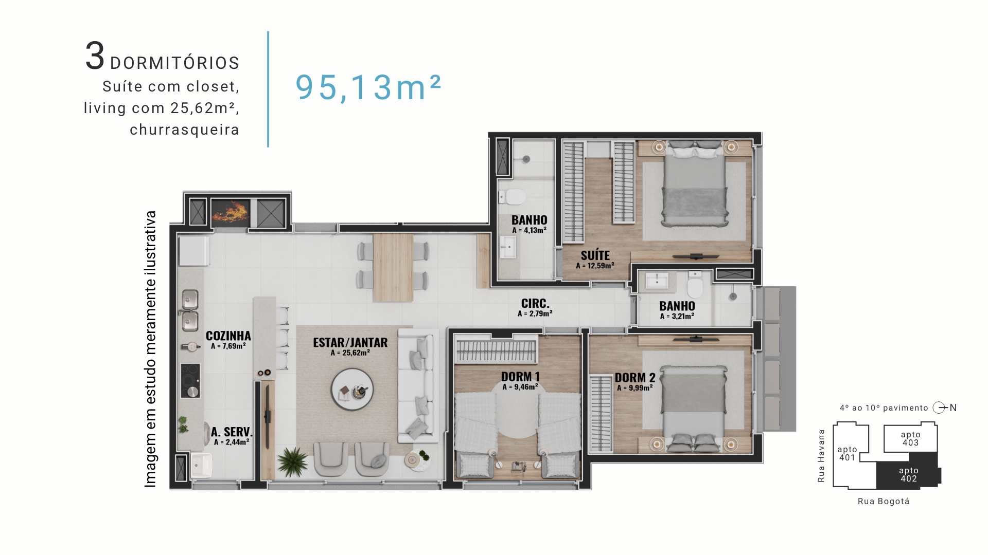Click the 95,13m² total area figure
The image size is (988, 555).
click(368, 87)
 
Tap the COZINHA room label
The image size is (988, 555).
click(228, 336)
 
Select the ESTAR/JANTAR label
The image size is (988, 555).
click(350, 342)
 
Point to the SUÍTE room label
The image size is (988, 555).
click(595, 255)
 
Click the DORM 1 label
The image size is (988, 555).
click(520, 377)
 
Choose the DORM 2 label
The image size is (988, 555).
click(635, 378)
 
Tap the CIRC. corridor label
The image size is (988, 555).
click(535, 304)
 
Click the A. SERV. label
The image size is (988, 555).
click(232, 432)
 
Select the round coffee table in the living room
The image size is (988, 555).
click(352, 390)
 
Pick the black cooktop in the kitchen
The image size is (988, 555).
click(190, 380)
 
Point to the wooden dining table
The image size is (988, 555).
click(393, 267)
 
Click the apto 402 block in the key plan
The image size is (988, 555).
click(909, 474)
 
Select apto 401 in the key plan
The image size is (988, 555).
click(847, 453)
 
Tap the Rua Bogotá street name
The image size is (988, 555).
click(884, 502)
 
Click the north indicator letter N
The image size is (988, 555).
click(953, 408)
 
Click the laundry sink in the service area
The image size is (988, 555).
click(202, 465)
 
